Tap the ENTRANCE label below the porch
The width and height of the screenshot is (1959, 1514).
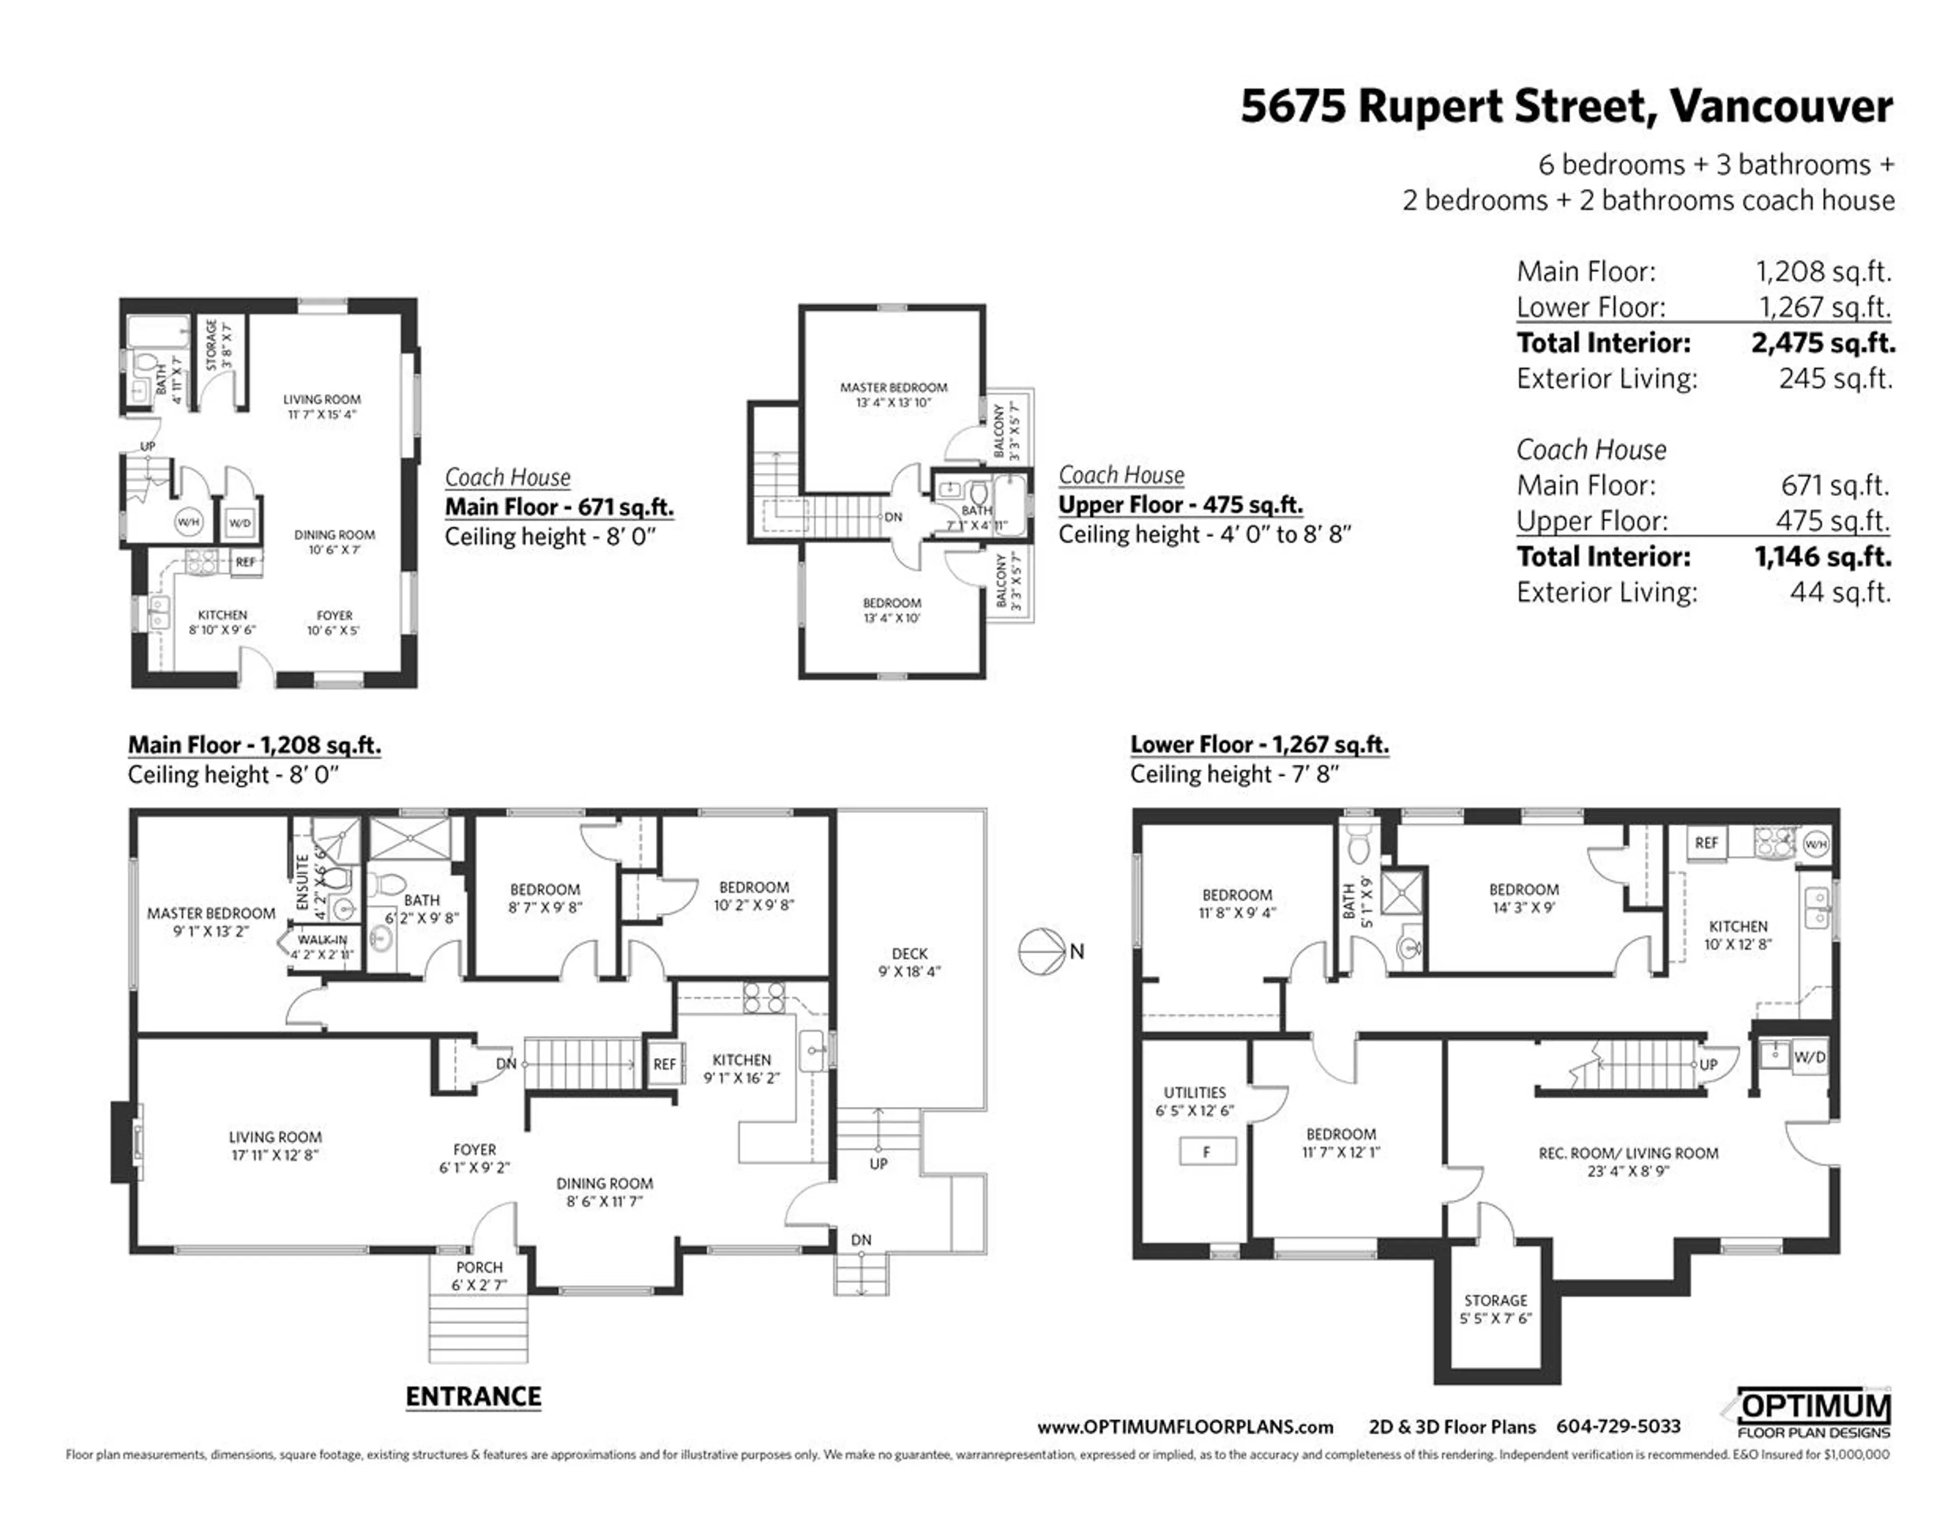(x=473, y=1397)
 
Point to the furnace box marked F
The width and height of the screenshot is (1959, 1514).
(x=1207, y=1152)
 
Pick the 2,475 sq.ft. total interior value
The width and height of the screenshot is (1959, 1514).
(x=1823, y=343)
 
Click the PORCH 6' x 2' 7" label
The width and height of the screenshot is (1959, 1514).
(x=479, y=1275)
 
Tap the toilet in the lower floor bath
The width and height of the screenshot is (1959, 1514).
(x=1360, y=844)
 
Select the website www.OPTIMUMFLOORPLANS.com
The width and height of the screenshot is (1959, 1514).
(x=1185, y=1427)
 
